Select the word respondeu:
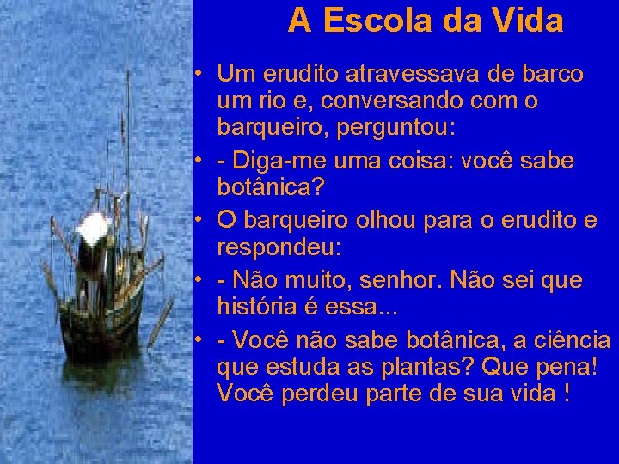[x=279, y=249]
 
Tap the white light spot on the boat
[x=92, y=228]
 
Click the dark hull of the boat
[x=99, y=322]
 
